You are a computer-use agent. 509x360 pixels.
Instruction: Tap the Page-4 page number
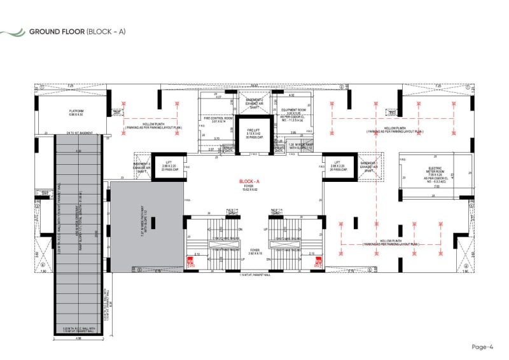pyautogui.click(x=482, y=347)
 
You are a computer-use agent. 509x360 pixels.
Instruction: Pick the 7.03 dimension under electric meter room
pyautogui.click(x=435, y=188)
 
